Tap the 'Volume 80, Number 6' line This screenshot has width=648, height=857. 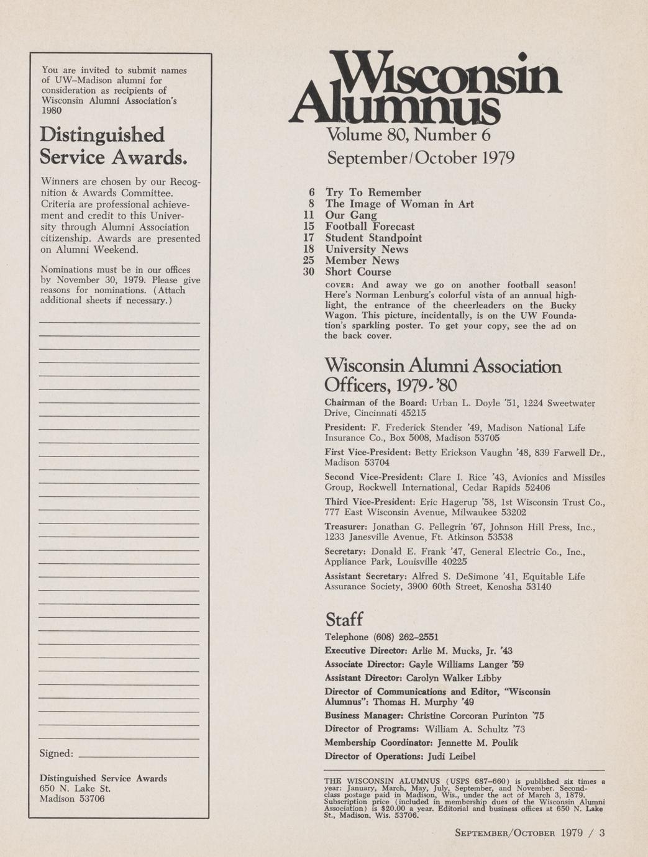click(409, 135)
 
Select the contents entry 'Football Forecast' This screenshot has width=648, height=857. click(370, 227)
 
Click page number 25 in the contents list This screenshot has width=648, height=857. click(309, 261)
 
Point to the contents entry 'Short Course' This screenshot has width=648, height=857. click(358, 272)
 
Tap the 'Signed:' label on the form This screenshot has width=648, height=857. click(56, 753)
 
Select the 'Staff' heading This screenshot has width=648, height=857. click(344, 619)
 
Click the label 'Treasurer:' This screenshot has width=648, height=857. click(346, 527)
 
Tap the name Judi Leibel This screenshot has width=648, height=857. click(450, 756)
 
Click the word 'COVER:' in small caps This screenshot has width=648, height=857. click(339, 285)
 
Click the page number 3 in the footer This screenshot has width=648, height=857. click(601, 833)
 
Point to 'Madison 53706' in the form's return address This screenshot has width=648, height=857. click(72, 799)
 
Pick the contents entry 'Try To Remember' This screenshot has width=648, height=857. click(373, 193)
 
